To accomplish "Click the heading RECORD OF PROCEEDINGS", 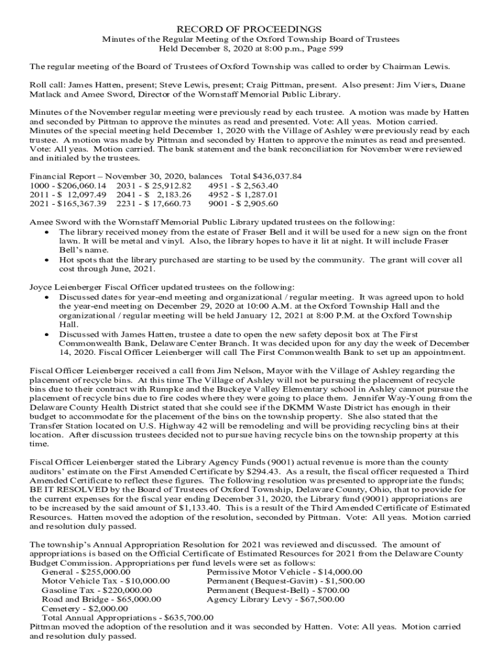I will click(x=251, y=29).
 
